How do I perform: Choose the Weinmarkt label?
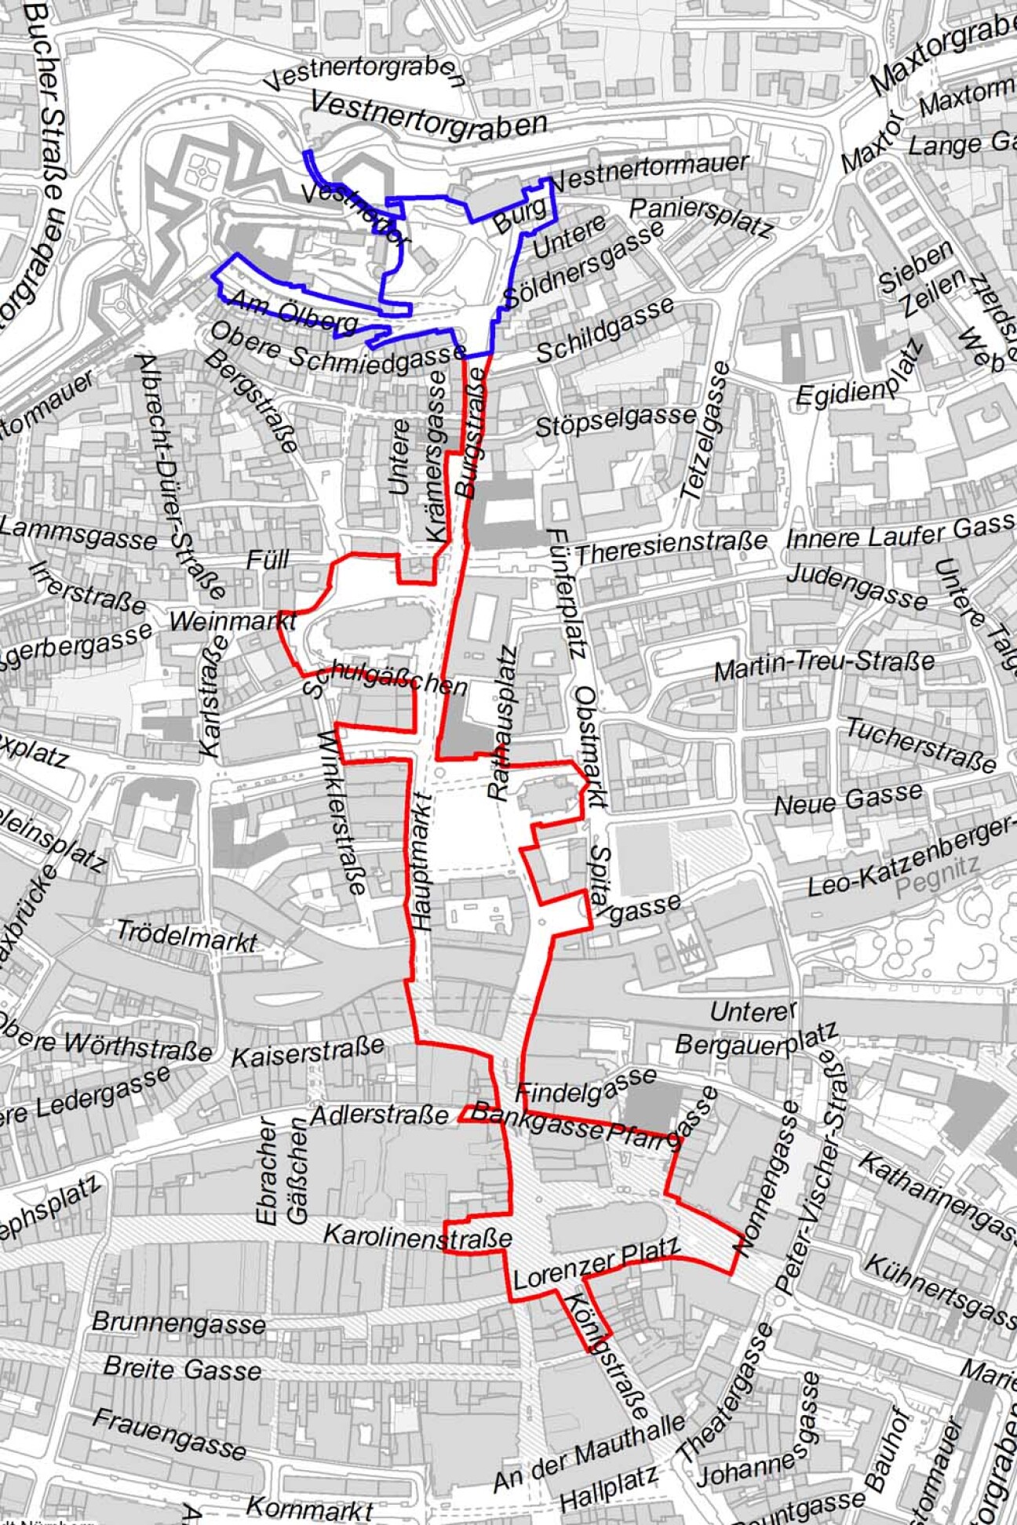point(232,622)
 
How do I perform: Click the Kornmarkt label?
point(309,1509)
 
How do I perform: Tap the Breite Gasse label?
point(182,1369)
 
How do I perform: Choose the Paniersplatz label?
point(701,217)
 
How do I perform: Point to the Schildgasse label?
point(604,330)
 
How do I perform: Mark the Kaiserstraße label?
point(308,1051)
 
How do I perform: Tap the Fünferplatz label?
point(567,592)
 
